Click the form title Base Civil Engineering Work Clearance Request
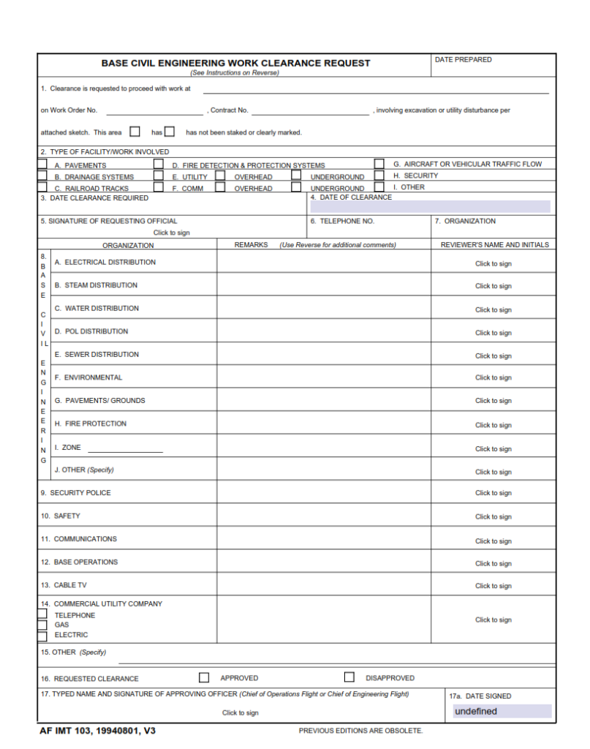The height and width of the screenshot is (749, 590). pyautogui.click(x=235, y=63)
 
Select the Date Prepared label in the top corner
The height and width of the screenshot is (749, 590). pyautogui.click(x=463, y=60)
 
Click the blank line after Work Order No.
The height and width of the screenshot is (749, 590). pyautogui.click(x=154, y=110)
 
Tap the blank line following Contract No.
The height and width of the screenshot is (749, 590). pyautogui.click(x=310, y=110)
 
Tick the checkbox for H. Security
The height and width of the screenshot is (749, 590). pyautogui.click(x=379, y=176)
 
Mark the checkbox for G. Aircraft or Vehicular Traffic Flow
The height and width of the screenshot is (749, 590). pyautogui.click(x=379, y=164)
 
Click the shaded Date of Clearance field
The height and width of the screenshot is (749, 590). pyautogui.click(x=430, y=206)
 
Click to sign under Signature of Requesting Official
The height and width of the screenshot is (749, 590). pyautogui.click(x=172, y=233)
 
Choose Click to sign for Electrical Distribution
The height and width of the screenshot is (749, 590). pyautogui.click(x=493, y=264)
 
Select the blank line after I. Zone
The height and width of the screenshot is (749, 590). pyautogui.click(x=125, y=448)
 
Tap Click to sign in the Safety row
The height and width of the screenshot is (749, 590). pyautogui.click(x=493, y=516)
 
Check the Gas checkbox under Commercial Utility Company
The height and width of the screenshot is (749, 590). pyautogui.click(x=42, y=625)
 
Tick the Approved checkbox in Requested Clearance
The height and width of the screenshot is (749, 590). pyautogui.click(x=204, y=677)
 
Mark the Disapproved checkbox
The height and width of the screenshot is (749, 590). pyautogui.click(x=349, y=677)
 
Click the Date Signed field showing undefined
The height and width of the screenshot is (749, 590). pyautogui.click(x=502, y=711)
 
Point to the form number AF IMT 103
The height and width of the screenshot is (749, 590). pyautogui.click(x=98, y=731)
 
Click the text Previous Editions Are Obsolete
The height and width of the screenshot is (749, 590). pyautogui.click(x=360, y=731)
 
